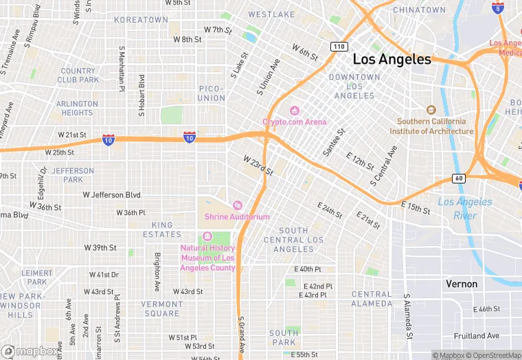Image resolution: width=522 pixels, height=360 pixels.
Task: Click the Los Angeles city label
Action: [x=391, y=59]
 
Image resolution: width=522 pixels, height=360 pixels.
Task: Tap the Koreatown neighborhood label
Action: [x=141, y=20]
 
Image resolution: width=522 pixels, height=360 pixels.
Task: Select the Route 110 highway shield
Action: [x=337, y=47]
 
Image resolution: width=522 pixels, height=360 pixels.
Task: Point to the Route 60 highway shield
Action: [x=459, y=179]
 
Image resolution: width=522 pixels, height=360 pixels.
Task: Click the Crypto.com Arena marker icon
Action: [x=295, y=111]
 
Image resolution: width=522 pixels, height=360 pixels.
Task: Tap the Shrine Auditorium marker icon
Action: [x=237, y=205]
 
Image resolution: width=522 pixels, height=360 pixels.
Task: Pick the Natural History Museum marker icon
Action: [x=207, y=237]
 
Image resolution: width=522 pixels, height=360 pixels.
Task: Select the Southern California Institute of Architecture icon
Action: [x=431, y=110]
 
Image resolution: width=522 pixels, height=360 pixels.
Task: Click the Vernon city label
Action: [x=462, y=284]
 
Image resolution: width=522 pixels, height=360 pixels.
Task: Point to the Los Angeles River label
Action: [x=465, y=208]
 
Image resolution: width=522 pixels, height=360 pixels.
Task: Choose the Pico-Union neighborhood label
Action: [x=212, y=93]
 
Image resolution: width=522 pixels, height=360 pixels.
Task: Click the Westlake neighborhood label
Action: [x=271, y=14]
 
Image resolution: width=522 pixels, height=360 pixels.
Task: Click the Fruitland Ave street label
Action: [x=477, y=336]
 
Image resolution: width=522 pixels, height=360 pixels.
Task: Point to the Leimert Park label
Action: [x=36, y=278]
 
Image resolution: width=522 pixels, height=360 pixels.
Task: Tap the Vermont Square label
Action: [x=163, y=308]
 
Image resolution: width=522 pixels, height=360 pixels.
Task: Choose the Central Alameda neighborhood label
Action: [x=372, y=299]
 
